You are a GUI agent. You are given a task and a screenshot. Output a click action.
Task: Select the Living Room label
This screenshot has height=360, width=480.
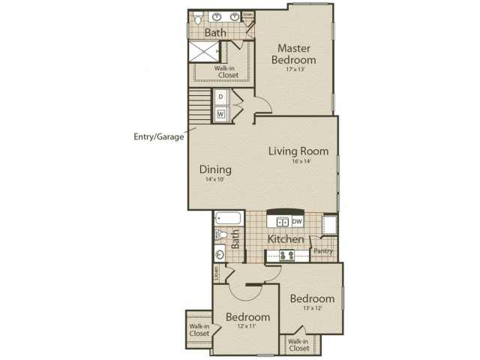298,151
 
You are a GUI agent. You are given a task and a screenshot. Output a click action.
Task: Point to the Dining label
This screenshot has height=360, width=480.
215,169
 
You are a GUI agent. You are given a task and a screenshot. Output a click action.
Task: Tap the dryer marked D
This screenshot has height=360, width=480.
221,97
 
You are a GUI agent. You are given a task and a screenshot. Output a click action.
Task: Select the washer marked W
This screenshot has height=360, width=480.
221,114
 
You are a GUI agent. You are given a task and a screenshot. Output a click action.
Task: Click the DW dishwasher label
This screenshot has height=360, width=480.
297,221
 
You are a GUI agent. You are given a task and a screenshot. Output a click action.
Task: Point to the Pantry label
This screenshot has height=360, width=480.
323,250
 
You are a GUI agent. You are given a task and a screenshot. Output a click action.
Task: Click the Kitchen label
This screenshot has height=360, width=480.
286,239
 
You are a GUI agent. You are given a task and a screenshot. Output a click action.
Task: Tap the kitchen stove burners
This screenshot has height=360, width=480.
286,256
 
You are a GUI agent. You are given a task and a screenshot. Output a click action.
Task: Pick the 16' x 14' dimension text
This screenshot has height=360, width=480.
298,162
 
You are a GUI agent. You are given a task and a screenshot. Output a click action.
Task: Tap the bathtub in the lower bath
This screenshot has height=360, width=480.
228,219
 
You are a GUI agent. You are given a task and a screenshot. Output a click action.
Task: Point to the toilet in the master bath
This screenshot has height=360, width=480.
198,17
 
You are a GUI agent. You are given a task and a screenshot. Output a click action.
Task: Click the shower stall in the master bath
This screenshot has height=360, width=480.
202,50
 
